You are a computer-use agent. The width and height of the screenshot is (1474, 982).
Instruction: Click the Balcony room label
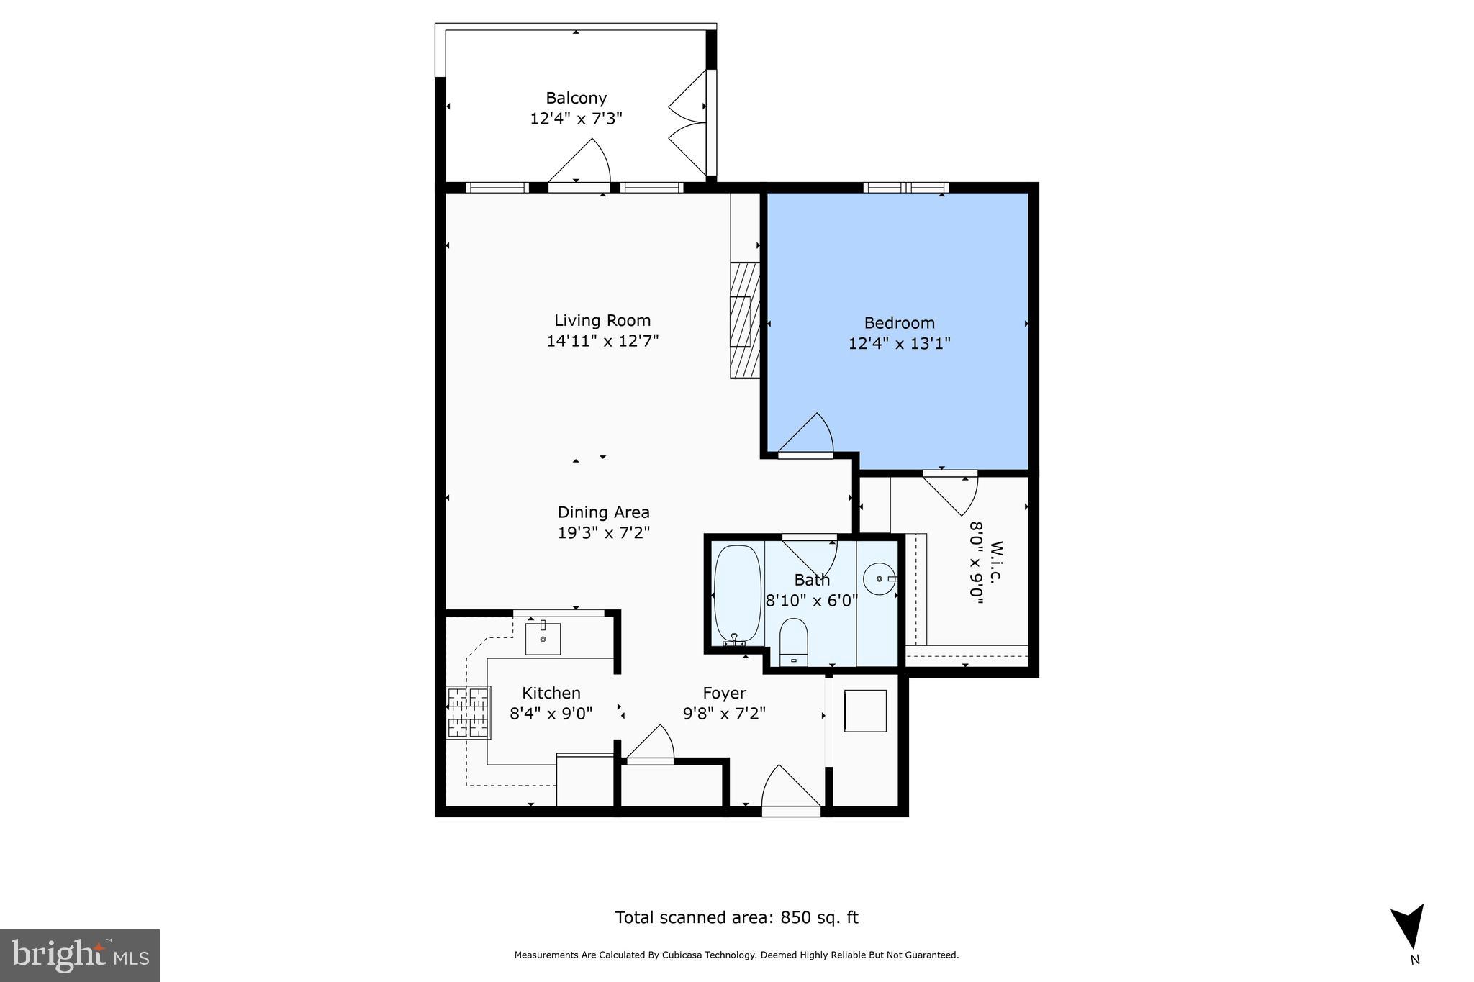click(576, 98)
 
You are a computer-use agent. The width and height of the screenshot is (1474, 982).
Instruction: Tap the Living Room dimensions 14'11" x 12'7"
click(602, 341)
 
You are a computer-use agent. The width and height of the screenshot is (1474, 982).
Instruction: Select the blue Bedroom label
click(899, 323)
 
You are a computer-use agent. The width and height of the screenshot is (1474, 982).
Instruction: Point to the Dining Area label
click(603, 512)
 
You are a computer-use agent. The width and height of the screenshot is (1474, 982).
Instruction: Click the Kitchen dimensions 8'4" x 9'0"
click(551, 714)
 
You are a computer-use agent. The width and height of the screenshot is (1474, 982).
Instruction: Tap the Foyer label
click(724, 693)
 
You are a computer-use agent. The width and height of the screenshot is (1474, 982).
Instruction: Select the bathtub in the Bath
click(737, 595)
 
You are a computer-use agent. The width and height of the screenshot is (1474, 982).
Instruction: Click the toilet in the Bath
click(794, 640)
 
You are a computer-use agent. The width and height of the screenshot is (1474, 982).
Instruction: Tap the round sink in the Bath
click(880, 579)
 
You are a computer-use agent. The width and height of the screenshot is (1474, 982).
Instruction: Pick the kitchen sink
click(543, 638)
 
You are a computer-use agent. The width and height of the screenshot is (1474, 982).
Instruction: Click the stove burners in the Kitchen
click(469, 712)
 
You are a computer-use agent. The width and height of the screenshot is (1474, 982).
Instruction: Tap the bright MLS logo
click(80, 955)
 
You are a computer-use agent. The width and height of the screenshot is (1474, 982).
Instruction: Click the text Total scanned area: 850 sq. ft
click(736, 917)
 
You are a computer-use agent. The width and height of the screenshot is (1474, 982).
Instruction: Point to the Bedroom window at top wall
click(905, 188)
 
